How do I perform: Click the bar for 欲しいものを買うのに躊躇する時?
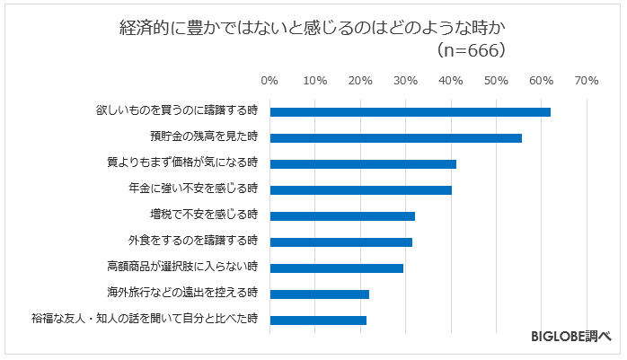[410, 112]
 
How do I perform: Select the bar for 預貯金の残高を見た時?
[395, 138]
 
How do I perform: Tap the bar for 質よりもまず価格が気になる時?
[363, 164]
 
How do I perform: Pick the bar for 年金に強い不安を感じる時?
[360, 190]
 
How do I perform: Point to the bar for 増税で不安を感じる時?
[342, 216]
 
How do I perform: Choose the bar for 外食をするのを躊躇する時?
[340, 242]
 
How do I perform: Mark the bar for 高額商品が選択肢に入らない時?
[336, 268]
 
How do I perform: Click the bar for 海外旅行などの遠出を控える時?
[319, 294]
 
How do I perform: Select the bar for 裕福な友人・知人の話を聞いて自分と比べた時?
[318, 320]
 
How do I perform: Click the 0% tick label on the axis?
[269, 81]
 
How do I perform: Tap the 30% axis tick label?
[405, 81]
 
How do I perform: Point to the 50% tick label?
[496, 81]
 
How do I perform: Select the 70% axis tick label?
[587, 81]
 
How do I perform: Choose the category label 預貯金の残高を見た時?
[204, 137]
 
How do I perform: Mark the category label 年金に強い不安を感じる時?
[193, 189]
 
